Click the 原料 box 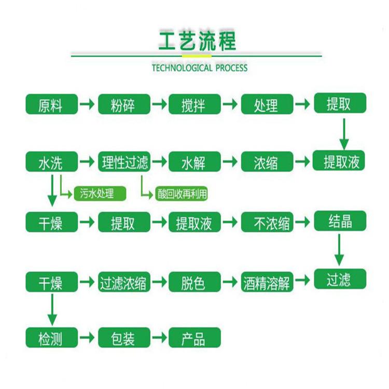coord(51,104)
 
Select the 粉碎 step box coord(124,104)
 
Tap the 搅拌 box coord(195,104)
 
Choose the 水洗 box coord(51,162)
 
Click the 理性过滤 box coord(124,162)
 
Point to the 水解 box coord(195,162)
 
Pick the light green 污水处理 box coord(100,193)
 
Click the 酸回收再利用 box coord(182,193)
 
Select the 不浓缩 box coord(267,222)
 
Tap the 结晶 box coord(340,221)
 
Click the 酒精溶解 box coord(267,282)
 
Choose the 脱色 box coord(195,282)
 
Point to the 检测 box coord(51,338)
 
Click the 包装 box coord(124,338)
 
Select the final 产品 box coord(195,338)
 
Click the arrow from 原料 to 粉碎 coord(87,104)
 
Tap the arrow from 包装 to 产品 coord(160,338)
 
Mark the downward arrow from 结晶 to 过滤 coord(339,250)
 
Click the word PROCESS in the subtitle coord(231,68)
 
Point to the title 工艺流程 coord(197,40)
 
